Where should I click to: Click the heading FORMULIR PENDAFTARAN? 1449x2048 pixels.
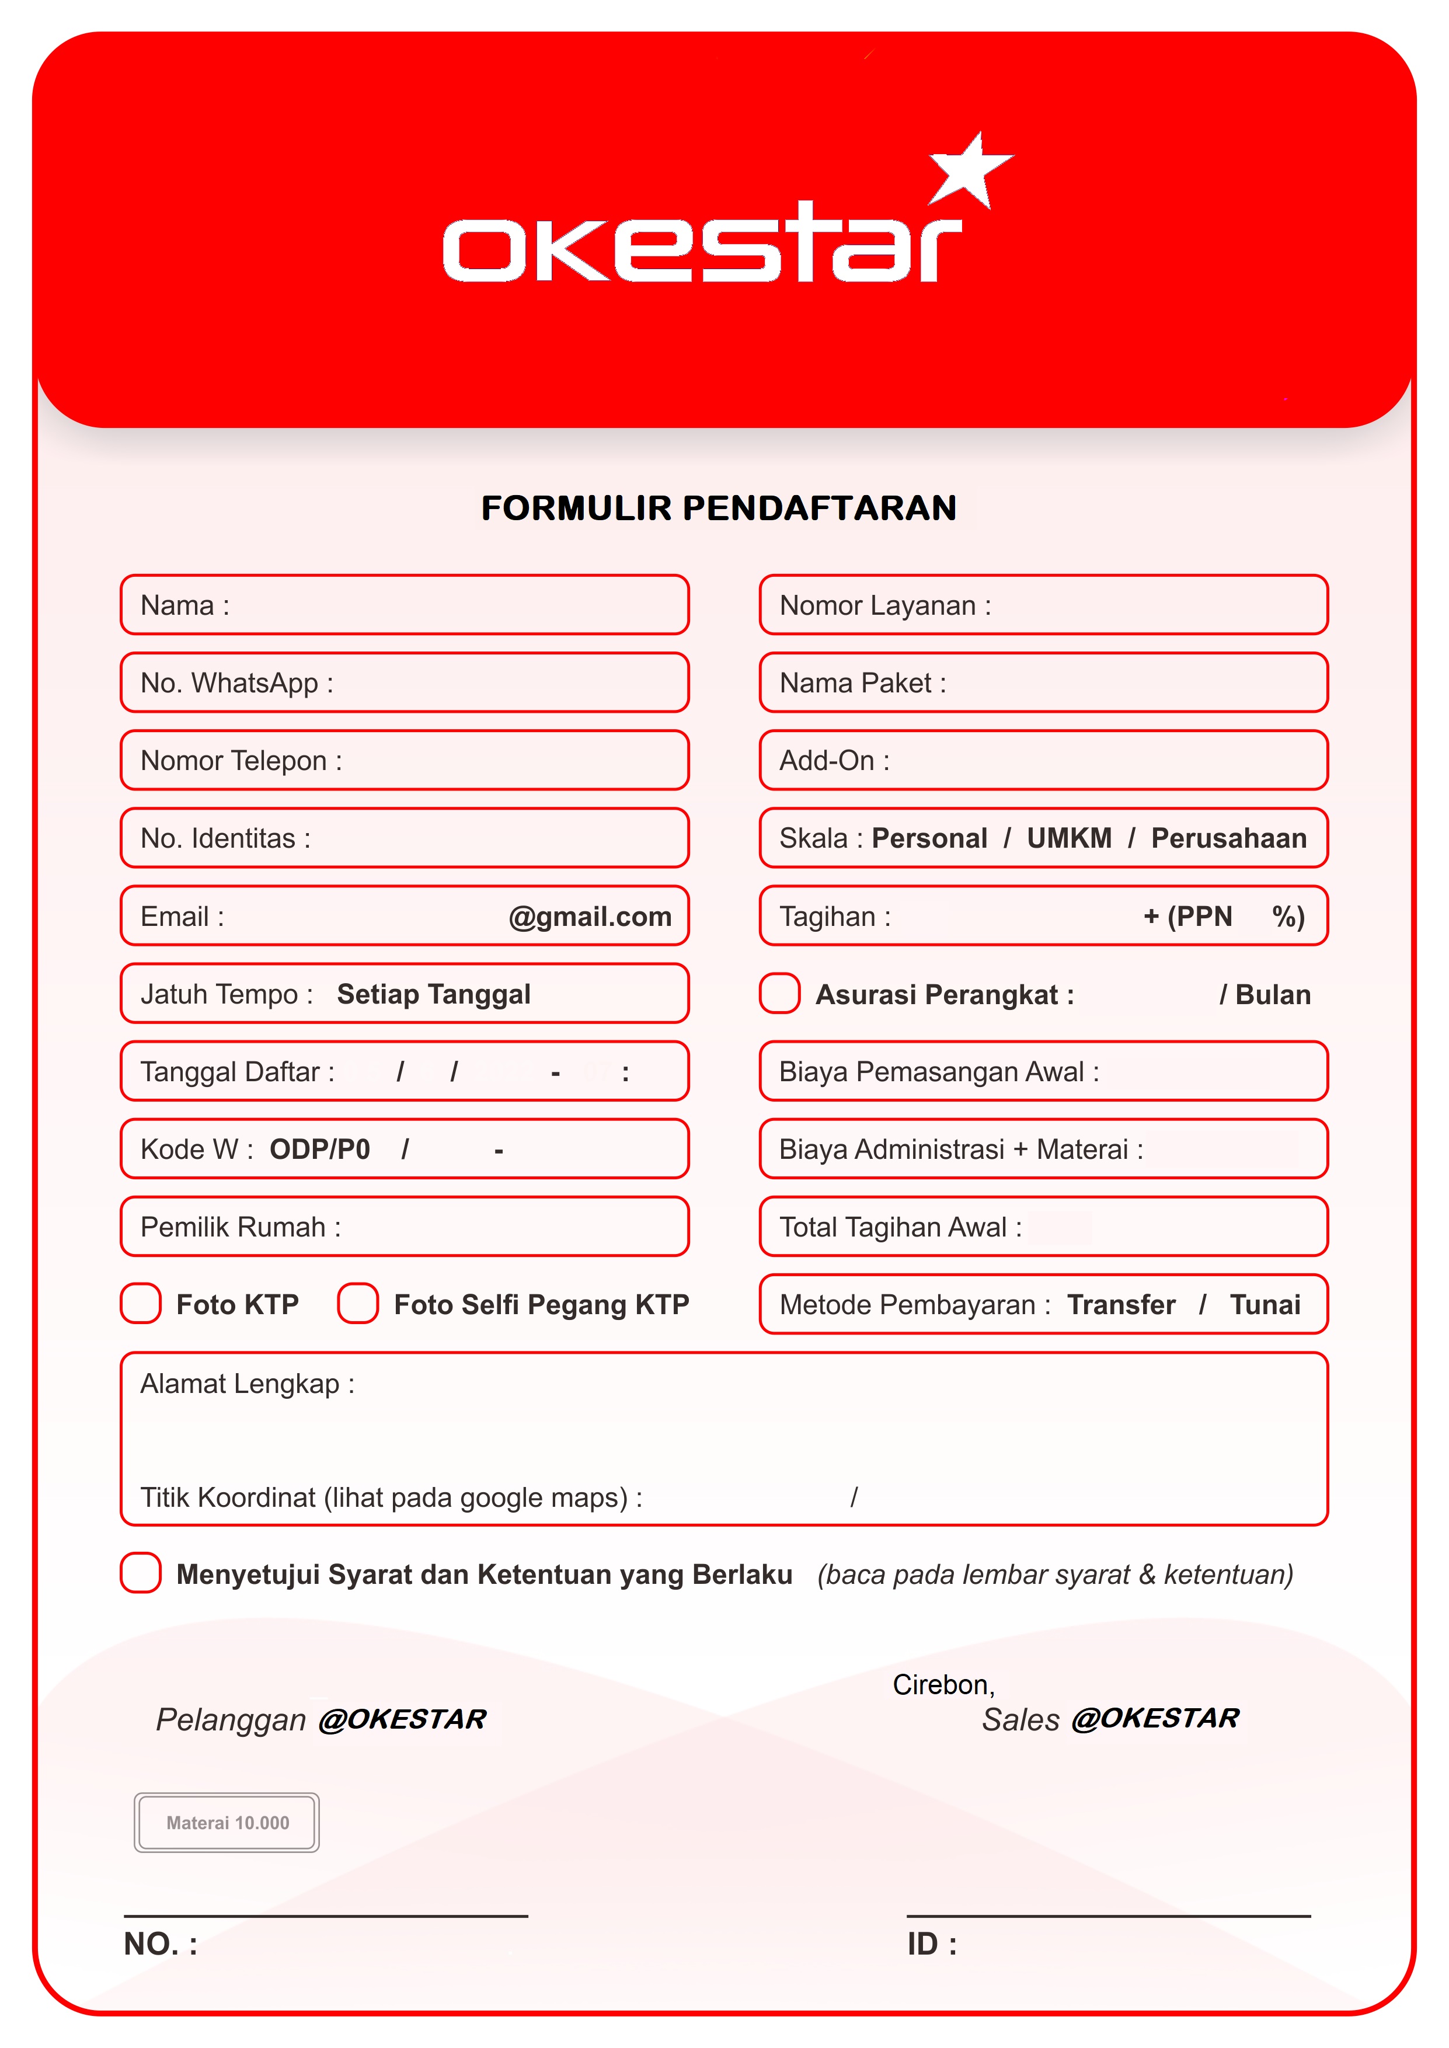[x=718, y=507]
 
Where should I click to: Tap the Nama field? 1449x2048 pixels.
[x=404, y=605]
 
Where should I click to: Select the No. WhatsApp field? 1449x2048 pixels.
[x=404, y=682]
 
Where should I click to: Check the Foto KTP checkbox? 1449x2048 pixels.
[x=141, y=1304]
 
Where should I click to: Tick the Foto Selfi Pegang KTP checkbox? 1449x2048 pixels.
[x=358, y=1304]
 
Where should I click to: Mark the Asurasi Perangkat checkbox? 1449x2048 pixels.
[x=779, y=994]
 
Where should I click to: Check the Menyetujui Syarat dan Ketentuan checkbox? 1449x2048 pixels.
[x=141, y=1573]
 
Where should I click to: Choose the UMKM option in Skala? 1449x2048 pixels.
[x=1069, y=838]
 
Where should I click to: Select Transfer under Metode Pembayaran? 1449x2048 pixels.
[x=1121, y=1304]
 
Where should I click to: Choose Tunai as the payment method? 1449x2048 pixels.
[x=1265, y=1304]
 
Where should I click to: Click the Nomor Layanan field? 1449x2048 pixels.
[x=1043, y=605]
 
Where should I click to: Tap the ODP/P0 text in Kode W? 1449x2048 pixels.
[x=319, y=1149]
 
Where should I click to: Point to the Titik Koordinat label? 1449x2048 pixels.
[x=391, y=1497]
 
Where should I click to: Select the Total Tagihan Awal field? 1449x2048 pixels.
[x=1043, y=1227]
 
